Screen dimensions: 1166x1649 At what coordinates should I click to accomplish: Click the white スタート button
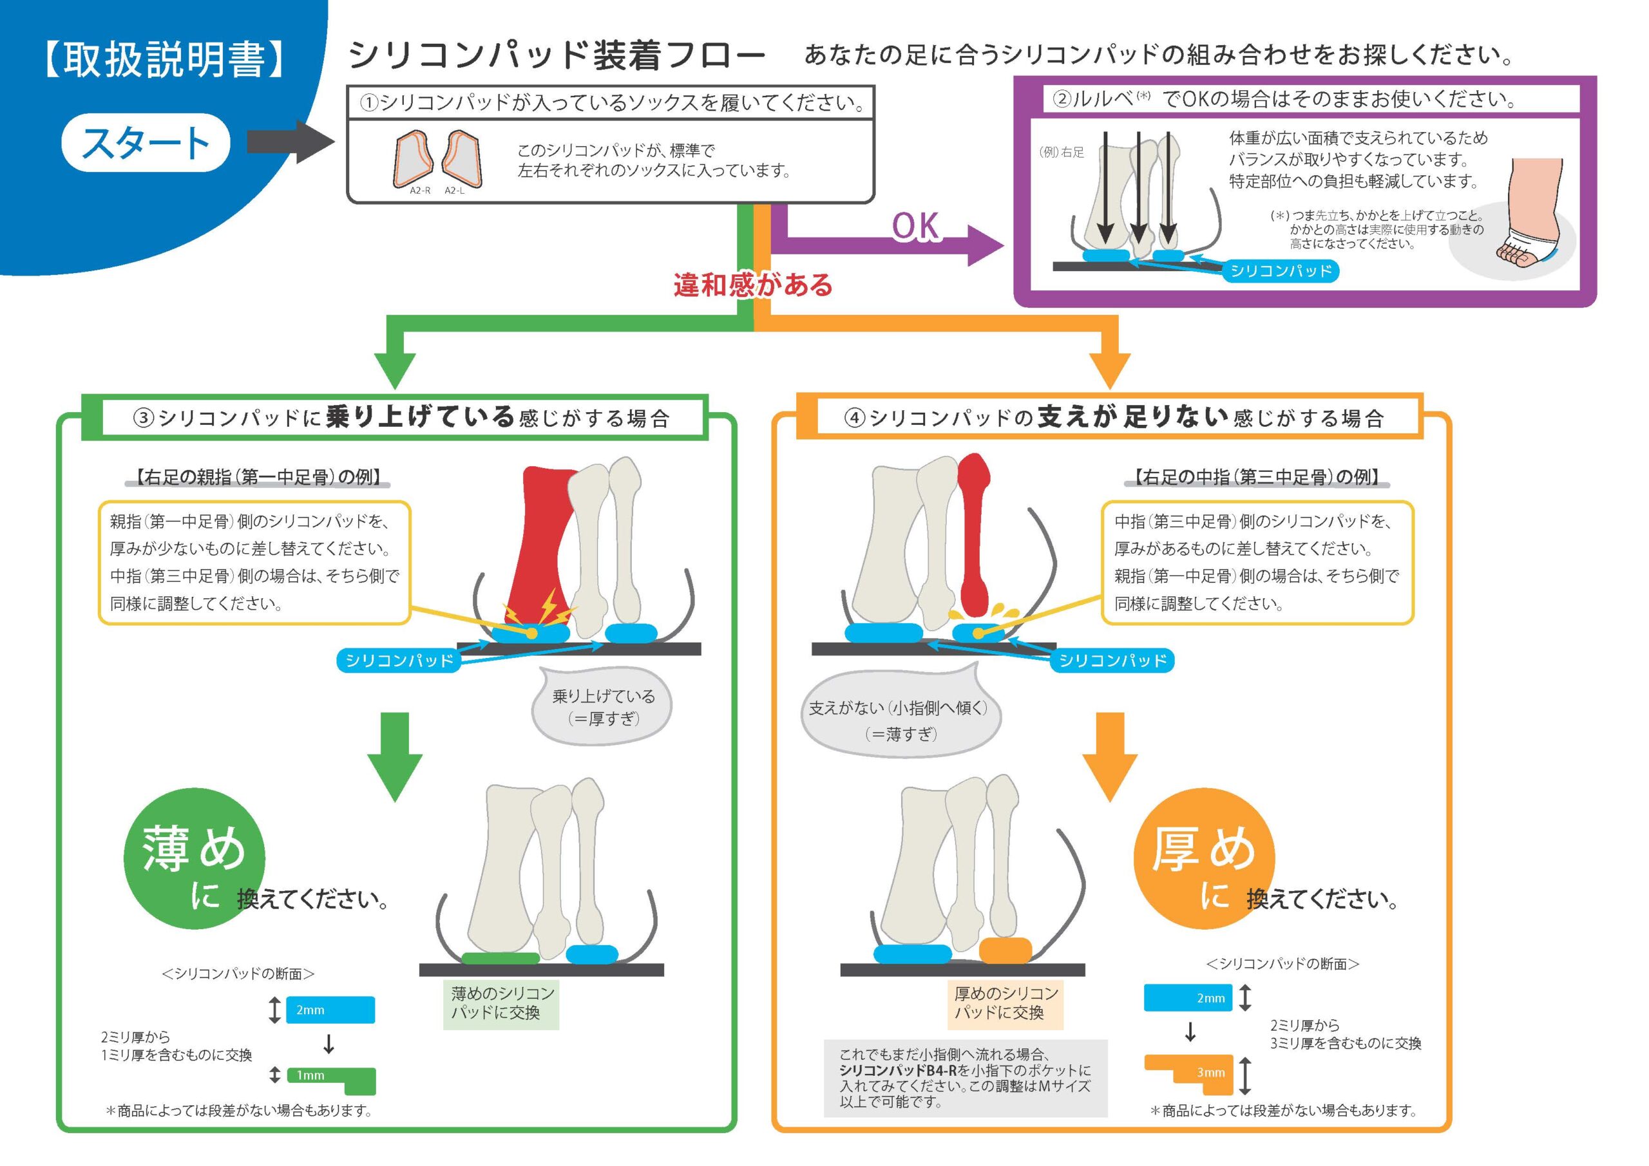click(x=146, y=142)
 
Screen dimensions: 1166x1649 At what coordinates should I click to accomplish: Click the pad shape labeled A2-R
click(x=414, y=160)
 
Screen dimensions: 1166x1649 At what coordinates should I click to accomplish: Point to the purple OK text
click(x=915, y=227)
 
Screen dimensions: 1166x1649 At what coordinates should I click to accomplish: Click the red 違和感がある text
click(x=753, y=285)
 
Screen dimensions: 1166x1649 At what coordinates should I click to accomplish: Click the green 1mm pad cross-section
click(x=332, y=1079)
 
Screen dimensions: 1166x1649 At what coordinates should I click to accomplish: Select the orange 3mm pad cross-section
click(x=1189, y=1073)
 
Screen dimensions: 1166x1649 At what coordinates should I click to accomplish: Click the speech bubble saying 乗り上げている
click(x=602, y=707)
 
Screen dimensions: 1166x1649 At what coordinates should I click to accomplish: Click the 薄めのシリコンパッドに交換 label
click(x=501, y=1003)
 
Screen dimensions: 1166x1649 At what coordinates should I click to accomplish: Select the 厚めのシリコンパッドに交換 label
click(x=1006, y=1003)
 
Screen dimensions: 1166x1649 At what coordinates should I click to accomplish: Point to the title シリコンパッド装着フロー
click(x=557, y=56)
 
